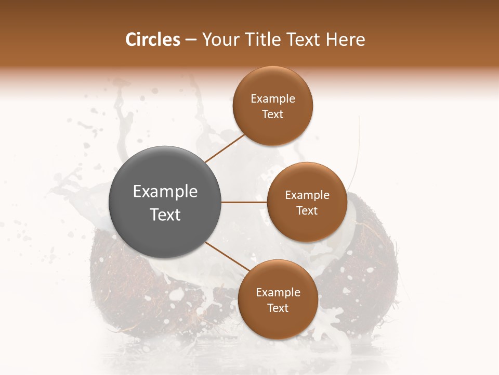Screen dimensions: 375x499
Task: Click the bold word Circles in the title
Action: pyautogui.click(x=152, y=40)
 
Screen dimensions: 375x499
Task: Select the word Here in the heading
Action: pyautogui.click(x=345, y=40)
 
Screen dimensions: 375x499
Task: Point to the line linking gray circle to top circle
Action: pyautogui.click(x=224, y=148)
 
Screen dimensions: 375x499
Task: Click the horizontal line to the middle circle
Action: pyautogui.click(x=244, y=202)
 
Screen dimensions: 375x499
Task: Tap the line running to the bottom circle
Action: pyautogui.click(x=227, y=257)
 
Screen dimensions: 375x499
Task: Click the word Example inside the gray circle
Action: pyautogui.click(x=165, y=192)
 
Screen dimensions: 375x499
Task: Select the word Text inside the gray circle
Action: pyautogui.click(x=165, y=215)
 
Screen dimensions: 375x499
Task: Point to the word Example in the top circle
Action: pyautogui.click(x=273, y=99)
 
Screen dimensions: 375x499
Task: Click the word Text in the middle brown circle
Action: pyautogui.click(x=307, y=211)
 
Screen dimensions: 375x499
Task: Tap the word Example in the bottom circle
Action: pyautogui.click(x=278, y=293)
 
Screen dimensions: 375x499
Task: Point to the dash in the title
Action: pyautogui.click(x=190, y=40)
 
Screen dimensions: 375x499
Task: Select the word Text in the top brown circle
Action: pyautogui.click(x=273, y=115)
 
